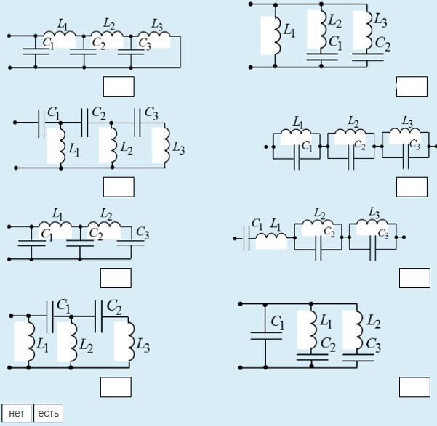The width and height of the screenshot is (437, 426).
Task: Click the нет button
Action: tap(17, 413)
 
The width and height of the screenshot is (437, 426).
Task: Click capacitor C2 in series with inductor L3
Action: tap(368, 57)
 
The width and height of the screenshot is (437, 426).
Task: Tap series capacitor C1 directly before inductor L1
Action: tap(246, 238)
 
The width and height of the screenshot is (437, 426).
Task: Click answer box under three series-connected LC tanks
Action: tap(412, 187)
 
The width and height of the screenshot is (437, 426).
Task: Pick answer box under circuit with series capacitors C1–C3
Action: tap(119, 187)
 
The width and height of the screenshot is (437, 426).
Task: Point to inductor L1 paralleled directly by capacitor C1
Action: tap(296, 133)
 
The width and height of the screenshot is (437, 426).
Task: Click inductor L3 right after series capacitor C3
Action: tap(165, 144)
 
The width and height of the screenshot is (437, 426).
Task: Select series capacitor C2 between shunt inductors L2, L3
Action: tap(98, 316)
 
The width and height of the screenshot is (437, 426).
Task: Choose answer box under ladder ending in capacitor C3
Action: tap(116, 278)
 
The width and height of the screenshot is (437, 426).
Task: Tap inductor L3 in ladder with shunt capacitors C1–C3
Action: tap(154, 36)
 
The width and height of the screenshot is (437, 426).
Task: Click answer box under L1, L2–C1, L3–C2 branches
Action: tap(412, 86)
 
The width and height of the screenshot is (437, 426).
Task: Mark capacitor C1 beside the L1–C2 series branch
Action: tap(266, 336)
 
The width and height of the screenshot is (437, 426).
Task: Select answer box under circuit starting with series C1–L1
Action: tap(414, 278)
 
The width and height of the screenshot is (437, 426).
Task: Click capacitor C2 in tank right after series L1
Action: tap(318, 247)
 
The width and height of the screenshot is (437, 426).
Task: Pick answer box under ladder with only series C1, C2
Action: tap(116, 387)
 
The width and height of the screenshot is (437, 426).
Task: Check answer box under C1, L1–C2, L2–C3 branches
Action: tap(414, 387)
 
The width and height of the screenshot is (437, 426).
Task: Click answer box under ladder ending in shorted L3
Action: tap(119, 86)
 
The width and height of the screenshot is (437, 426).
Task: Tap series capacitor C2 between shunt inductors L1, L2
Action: tap(85, 123)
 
